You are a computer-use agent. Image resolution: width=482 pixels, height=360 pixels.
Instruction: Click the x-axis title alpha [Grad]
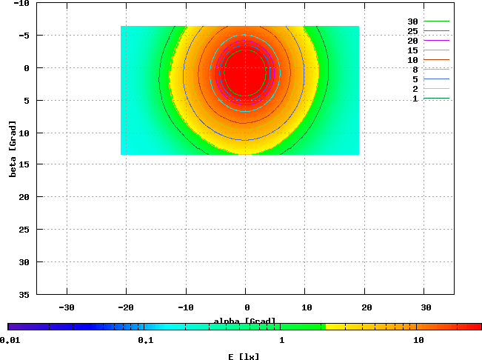245,321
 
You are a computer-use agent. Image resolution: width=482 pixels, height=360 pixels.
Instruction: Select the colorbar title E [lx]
244,356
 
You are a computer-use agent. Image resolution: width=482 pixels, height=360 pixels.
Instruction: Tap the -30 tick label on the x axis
67,306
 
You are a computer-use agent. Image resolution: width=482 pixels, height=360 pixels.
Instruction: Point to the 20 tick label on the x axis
365,306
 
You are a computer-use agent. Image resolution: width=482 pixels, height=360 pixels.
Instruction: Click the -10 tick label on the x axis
186,306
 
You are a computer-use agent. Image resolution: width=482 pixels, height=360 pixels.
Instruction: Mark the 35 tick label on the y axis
23,294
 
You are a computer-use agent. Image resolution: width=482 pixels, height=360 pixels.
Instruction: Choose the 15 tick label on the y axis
23,164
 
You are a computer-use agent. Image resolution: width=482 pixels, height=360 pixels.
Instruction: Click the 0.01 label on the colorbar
10,340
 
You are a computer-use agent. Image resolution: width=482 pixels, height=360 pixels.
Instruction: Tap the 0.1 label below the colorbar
145,340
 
